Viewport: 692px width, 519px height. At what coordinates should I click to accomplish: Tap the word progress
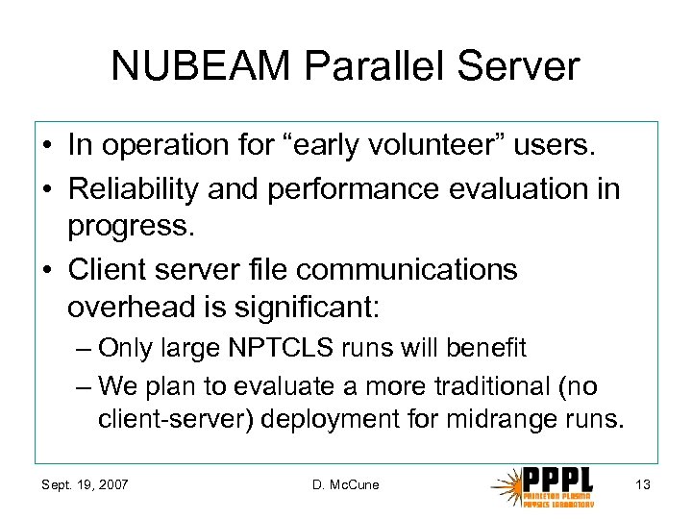pos(126,229)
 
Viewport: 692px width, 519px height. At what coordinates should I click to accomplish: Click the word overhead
pos(130,309)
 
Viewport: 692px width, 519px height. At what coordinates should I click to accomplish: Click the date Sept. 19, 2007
pos(84,484)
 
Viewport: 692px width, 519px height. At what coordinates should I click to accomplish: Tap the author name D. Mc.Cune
pos(345,484)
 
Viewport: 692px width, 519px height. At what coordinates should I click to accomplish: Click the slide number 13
pos(642,484)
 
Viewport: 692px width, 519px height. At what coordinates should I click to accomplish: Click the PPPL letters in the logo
pos(558,479)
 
